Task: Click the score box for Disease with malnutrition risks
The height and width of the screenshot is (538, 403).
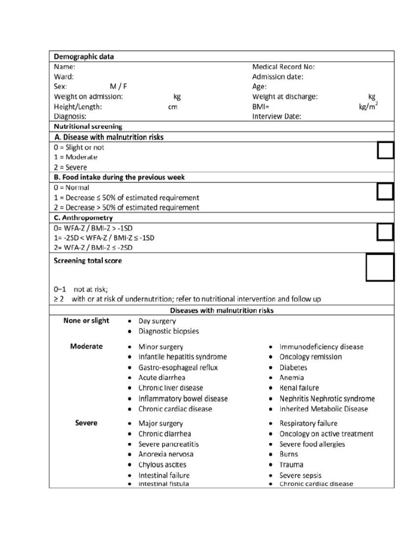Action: pos(385,151)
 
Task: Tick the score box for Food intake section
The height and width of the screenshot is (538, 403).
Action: pos(385,192)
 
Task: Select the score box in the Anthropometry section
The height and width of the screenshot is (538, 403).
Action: pos(385,232)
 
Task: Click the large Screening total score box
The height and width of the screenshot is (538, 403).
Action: pos(379,267)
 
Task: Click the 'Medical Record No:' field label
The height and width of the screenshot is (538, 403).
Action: pos(283,67)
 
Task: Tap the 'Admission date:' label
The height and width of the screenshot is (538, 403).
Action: pos(278,77)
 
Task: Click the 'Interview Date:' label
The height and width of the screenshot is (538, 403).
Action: pos(277,117)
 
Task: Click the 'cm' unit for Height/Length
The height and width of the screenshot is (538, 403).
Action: pos(173,107)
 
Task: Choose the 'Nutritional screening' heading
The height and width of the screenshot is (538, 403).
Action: pos(88,127)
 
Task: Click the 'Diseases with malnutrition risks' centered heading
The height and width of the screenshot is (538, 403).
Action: pos(221,311)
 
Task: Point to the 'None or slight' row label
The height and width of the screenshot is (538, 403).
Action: pos(86,321)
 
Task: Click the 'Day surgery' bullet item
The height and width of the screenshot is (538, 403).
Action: pos(157,321)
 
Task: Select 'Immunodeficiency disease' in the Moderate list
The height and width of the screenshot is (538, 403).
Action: pos(321,347)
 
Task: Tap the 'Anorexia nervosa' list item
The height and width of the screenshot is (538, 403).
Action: pos(165,454)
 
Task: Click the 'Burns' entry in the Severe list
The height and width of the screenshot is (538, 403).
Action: pos(288,454)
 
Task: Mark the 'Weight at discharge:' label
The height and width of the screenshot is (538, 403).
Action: pos(285,97)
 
